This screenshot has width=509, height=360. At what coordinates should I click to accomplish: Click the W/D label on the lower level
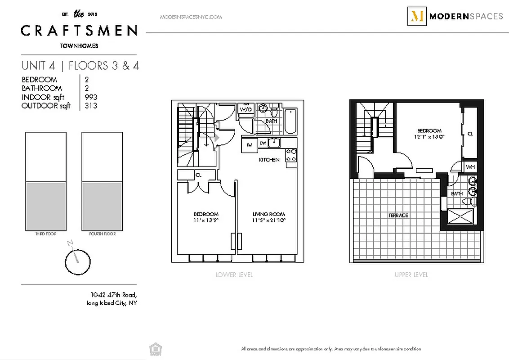pos(246,109)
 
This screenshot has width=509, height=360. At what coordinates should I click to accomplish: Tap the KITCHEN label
pos(269,160)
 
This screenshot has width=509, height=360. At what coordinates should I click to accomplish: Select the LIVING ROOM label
pos(268,214)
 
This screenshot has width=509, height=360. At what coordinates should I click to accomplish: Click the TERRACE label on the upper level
pos(398,216)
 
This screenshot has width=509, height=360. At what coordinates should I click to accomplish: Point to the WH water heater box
pos(470,167)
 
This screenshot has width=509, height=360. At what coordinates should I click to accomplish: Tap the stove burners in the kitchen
pos(291,155)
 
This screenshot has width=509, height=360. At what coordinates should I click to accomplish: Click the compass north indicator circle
pos(78,262)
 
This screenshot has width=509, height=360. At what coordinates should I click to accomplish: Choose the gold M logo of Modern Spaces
pos(417,17)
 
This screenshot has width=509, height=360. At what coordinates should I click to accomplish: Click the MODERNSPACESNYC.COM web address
pos(191,17)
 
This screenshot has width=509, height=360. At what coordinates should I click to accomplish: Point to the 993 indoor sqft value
pos(91,97)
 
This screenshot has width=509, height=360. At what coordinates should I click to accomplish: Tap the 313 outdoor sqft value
pos(91,106)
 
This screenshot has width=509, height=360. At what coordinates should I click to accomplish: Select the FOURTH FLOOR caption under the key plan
pos(102,234)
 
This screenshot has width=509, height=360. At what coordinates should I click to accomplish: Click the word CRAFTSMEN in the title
pos(79,31)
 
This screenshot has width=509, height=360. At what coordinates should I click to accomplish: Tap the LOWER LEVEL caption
pos(234,274)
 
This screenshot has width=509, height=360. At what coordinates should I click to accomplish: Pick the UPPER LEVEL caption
pos(411,274)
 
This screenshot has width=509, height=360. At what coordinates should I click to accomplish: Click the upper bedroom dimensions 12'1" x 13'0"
pos(429,137)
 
